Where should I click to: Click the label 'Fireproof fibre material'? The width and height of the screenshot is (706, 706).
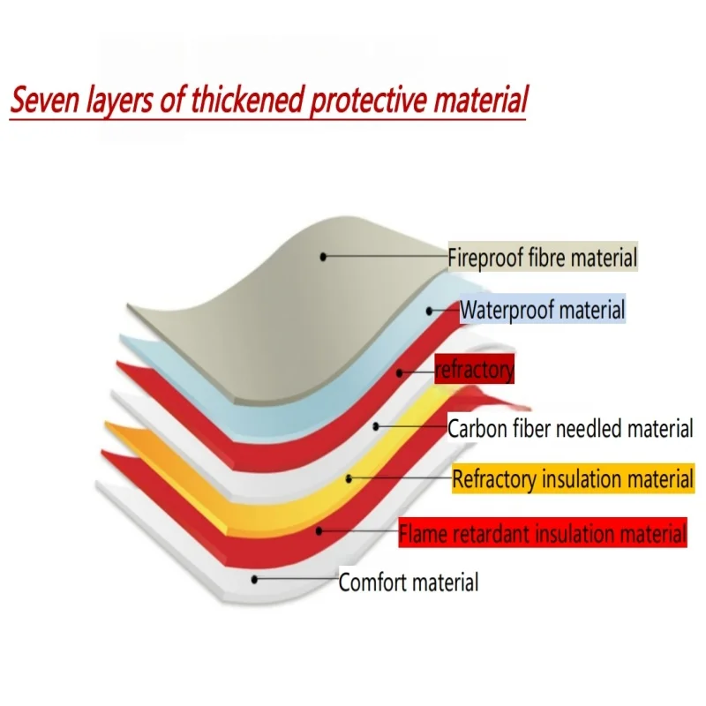pyautogui.click(x=543, y=259)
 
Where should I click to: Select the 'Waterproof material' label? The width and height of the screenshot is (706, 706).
pyautogui.click(x=542, y=311)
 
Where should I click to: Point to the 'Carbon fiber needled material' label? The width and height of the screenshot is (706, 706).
pyautogui.click(x=570, y=430)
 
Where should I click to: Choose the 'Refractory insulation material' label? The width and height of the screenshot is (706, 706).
pyautogui.click(x=573, y=480)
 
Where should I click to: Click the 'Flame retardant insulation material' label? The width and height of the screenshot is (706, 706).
pyautogui.click(x=542, y=534)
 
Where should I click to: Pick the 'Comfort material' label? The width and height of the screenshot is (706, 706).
pyautogui.click(x=409, y=582)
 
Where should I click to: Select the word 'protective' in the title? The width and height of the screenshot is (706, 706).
pyautogui.click(x=366, y=101)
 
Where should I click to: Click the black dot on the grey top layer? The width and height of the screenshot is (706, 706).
pyautogui.click(x=324, y=256)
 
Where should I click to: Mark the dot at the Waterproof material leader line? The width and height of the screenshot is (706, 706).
pyautogui.click(x=430, y=311)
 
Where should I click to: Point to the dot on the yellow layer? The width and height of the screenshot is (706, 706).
pyautogui.click(x=349, y=478)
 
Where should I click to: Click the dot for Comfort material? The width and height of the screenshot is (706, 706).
pyautogui.click(x=254, y=580)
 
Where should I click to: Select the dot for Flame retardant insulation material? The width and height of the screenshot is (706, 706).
pyautogui.click(x=320, y=530)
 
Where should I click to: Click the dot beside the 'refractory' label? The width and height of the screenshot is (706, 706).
pyautogui.click(x=400, y=373)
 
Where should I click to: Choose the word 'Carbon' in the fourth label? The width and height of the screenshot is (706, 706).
pyautogui.click(x=477, y=430)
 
